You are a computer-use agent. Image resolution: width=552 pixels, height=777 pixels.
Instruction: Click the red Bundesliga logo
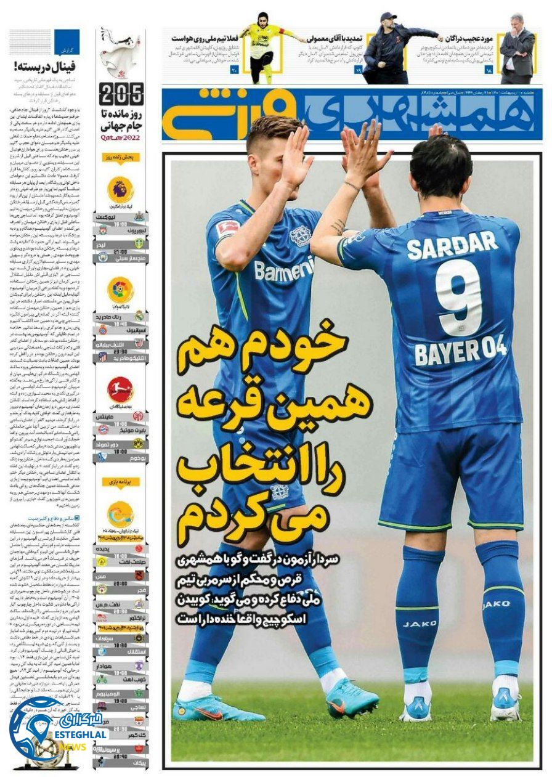pos(120,389)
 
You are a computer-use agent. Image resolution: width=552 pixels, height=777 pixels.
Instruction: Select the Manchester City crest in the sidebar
pos(102,258)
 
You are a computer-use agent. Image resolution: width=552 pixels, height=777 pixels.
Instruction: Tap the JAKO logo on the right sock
pos(495,604)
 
